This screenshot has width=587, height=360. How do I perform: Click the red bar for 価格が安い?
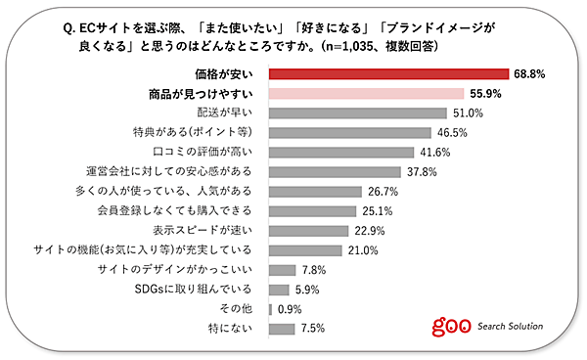pyautogui.click(x=387, y=73)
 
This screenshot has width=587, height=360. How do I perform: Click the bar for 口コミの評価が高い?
pyautogui.click(x=340, y=152)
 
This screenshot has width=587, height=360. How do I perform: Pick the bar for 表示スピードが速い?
pyautogui.click(x=308, y=230)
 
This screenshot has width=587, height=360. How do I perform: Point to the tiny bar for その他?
pyautogui.click(x=270, y=308)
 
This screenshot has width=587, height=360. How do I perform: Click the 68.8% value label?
pyautogui.click(x=528, y=73)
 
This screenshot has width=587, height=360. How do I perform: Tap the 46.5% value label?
pyautogui.click(x=450, y=132)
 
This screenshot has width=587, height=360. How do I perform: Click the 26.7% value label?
pyautogui.click(x=383, y=191)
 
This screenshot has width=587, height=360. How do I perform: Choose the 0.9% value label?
pyautogui.click(x=290, y=308)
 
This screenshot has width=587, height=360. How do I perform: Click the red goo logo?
pyautogui.click(x=451, y=325)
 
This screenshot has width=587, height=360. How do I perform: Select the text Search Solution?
pyautogui.click(x=511, y=326)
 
